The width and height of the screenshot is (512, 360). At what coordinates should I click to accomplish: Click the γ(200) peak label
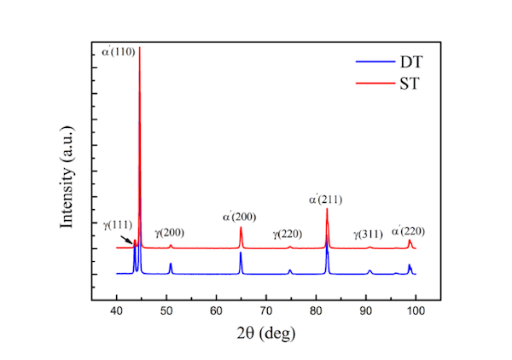point(169,232)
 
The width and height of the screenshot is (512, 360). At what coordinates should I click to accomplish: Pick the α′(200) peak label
point(239,217)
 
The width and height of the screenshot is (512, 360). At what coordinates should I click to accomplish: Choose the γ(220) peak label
point(288,233)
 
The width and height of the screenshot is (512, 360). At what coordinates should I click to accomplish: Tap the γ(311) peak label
point(369,233)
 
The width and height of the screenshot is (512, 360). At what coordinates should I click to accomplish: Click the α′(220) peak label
point(408,230)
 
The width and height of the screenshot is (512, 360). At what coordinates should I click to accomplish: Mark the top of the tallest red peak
point(139,48)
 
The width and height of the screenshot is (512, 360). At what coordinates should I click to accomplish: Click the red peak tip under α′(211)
point(327,210)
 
